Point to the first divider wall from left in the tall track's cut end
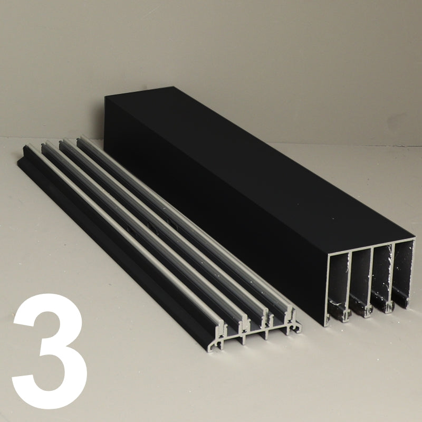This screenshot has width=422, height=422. click(x=350, y=286)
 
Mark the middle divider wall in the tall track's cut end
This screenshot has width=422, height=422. click(x=371, y=281)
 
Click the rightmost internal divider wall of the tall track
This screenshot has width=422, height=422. click(x=393, y=277)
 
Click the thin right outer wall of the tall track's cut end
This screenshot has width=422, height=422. click(x=414, y=272)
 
